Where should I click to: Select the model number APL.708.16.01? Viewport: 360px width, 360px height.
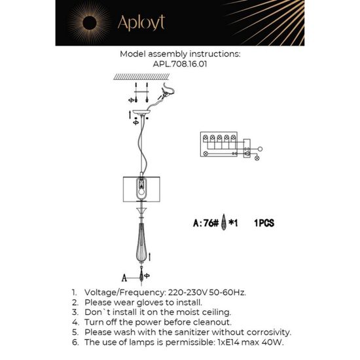click(179, 65)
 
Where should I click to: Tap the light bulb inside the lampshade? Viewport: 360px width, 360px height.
click(141, 188)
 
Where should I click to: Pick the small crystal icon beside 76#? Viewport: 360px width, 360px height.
click(225, 223)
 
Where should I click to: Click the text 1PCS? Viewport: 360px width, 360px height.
click(263, 223)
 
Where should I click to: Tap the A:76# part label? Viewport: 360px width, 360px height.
click(206, 223)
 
